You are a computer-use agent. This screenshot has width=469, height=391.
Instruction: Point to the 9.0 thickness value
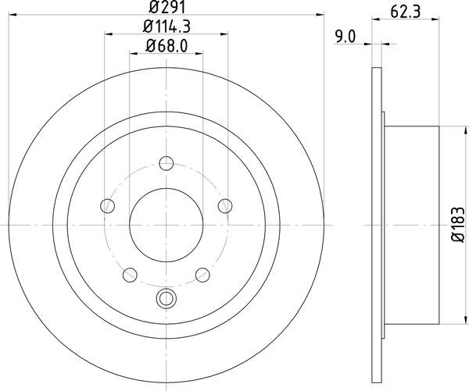pyautogui.click(x=345, y=34)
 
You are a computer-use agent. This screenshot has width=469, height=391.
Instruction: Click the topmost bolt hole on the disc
pyautogui.click(x=166, y=163)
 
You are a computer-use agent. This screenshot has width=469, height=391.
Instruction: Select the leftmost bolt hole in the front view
pyautogui.click(x=108, y=206)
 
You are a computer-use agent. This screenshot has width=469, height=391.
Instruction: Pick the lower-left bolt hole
pyautogui.click(x=130, y=274)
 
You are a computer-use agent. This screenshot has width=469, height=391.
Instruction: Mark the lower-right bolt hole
pyautogui.click(x=202, y=274)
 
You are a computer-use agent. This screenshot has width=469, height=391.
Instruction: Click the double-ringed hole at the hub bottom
pyautogui.click(x=166, y=297)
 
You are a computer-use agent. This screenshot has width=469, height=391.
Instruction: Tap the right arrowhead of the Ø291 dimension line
pyautogui.click(x=319, y=15)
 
